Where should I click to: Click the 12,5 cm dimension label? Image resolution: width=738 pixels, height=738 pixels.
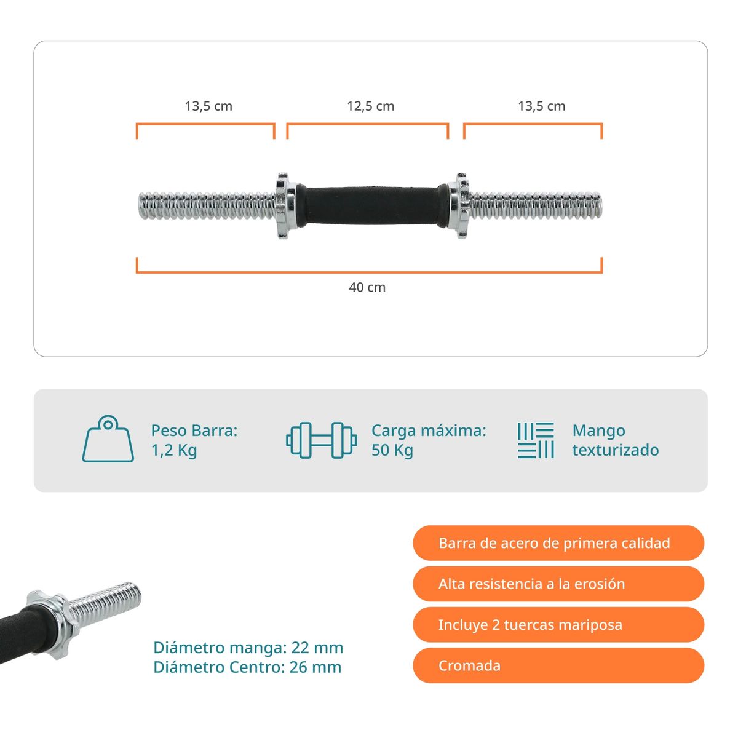click(370, 106)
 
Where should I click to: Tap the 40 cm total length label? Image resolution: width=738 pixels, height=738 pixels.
click(367, 287)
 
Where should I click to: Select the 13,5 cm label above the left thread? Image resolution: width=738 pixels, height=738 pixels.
click(208, 106)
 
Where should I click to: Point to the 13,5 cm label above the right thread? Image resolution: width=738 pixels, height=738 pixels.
click(542, 106)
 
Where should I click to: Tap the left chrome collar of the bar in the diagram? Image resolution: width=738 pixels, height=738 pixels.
click(285, 205)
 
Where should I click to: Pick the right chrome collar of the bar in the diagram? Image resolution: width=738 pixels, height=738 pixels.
click(459, 205)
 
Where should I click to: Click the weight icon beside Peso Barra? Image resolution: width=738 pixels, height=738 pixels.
click(108, 439)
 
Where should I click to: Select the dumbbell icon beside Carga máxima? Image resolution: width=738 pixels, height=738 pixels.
click(321, 440)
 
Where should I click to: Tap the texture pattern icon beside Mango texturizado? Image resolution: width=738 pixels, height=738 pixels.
click(536, 440)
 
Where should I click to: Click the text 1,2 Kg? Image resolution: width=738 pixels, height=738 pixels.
click(174, 450)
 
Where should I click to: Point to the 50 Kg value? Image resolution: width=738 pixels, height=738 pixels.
click(392, 450)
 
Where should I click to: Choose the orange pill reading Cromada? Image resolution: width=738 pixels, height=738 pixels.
click(558, 665)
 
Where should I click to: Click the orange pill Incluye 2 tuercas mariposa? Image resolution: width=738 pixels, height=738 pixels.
click(558, 625)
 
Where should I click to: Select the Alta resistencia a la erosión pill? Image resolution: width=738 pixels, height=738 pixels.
click(558, 584)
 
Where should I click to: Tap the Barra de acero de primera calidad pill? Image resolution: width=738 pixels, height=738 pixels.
click(558, 543)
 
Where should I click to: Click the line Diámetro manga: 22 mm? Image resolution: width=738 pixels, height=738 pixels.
click(248, 648)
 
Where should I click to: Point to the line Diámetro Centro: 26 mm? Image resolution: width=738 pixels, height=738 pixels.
click(247, 667)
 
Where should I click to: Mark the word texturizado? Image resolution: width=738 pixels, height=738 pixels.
click(616, 450)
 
